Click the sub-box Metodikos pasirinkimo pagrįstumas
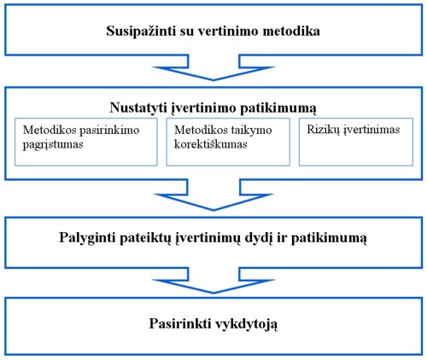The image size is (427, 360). pos(86,142)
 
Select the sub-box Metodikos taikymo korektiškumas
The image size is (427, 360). pos(228,142)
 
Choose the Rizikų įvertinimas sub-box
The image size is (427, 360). pos(356,142)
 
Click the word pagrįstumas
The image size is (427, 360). pos(53,144)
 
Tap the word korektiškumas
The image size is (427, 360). pos(211,144)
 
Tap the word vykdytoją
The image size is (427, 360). pos(245,324)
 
